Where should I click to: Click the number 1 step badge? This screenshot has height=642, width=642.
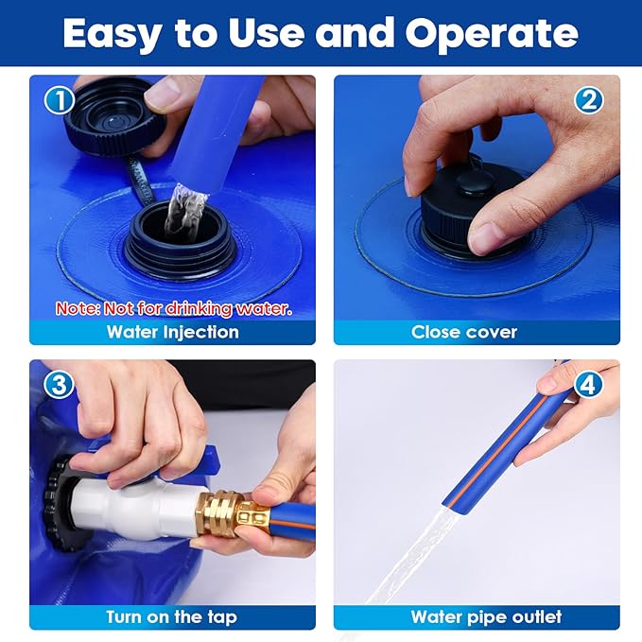(x=60, y=100)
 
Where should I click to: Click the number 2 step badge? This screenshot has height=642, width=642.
(x=589, y=100)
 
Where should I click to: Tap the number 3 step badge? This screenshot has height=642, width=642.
(x=60, y=385)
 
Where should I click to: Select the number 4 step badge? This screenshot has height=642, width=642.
(x=589, y=385)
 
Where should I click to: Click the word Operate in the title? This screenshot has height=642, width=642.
(x=492, y=34)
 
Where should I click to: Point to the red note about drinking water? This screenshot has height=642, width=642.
(x=174, y=308)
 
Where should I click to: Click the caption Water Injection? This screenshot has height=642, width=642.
(x=173, y=332)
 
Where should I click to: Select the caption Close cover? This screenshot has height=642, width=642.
(x=464, y=332)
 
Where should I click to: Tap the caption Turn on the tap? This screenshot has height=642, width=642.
(x=171, y=616)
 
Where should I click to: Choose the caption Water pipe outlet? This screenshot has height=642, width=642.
(x=486, y=616)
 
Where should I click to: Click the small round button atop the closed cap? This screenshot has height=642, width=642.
(x=475, y=183)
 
